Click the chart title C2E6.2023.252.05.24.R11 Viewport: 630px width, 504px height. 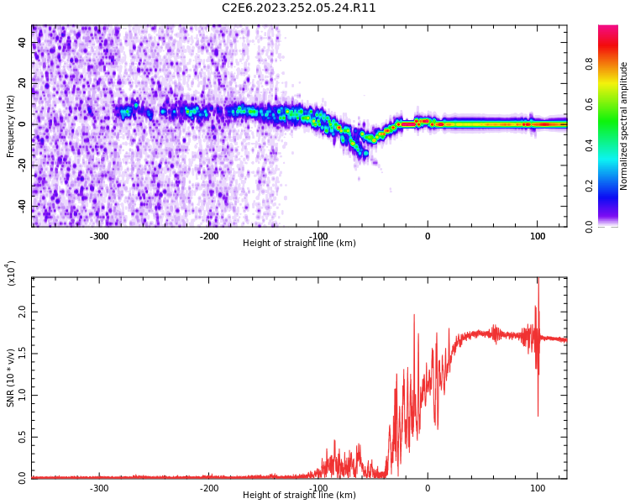pyautogui.click(x=298, y=8)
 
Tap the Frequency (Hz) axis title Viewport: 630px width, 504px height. pyautogui.click(x=11, y=126)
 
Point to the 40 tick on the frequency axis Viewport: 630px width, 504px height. pyautogui.click(x=23, y=42)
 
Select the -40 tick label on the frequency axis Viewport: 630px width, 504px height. pyautogui.click(x=23, y=206)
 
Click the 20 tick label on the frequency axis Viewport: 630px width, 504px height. pyautogui.click(x=23, y=83)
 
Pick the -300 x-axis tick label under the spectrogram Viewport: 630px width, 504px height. pyautogui.click(x=99, y=236)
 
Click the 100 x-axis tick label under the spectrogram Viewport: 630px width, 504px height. pyautogui.click(x=537, y=236)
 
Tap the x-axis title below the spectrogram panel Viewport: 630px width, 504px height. pyautogui.click(x=299, y=244)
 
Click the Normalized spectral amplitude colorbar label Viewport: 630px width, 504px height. pyautogui.click(x=624, y=126)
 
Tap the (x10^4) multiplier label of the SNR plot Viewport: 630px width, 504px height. pyautogui.click(x=11, y=273)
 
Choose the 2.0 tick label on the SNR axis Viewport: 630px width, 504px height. pyautogui.click(x=23, y=312)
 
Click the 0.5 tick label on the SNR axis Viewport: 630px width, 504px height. pyautogui.click(x=23, y=437)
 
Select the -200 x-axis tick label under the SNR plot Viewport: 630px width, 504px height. pyautogui.click(x=209, y=488)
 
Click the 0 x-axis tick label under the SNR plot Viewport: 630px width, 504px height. pyautogui.click(x=428, y=488)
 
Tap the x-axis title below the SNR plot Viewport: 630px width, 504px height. pyautogui.click(x=299, y=496)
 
